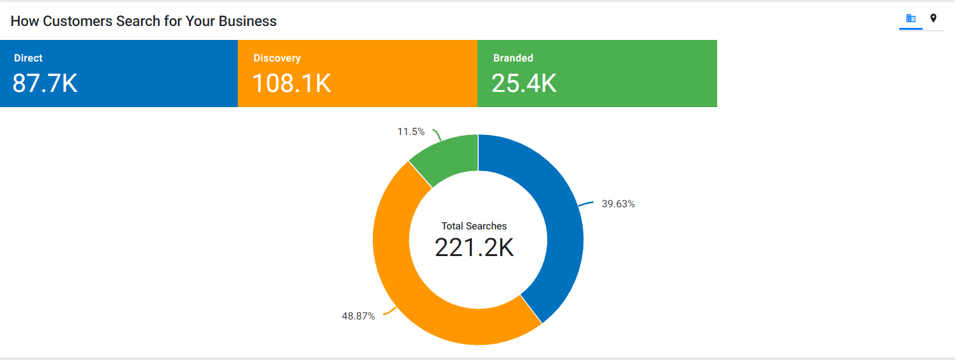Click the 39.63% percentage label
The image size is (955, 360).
[618, 204]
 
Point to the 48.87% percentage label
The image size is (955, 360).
[358, 316]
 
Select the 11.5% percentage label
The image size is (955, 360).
[411, 132]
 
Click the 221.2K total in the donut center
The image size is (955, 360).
[474, 248]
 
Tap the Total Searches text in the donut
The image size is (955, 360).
[474, 226]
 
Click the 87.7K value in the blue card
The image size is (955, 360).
[45, 83]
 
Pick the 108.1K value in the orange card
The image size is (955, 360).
[292, 83]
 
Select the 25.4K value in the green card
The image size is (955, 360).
[524, 83]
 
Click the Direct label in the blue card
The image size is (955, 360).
[28, 58]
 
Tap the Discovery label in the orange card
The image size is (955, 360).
[277, 58]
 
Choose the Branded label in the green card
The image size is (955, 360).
[513, 58]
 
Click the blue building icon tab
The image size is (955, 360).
[911, 18]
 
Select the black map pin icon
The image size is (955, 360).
[933, 18]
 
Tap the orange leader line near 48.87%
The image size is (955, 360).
[390, 312]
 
